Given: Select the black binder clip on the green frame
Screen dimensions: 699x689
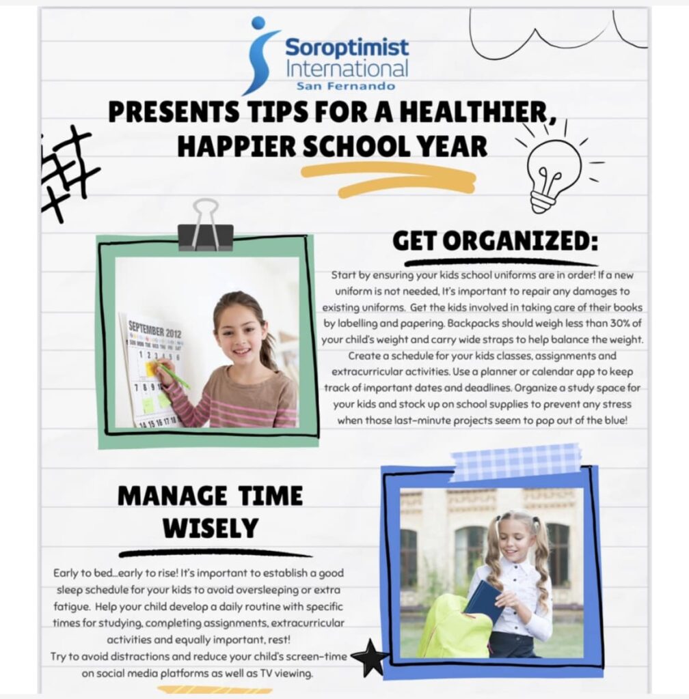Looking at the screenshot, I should [x=206, y=226].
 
